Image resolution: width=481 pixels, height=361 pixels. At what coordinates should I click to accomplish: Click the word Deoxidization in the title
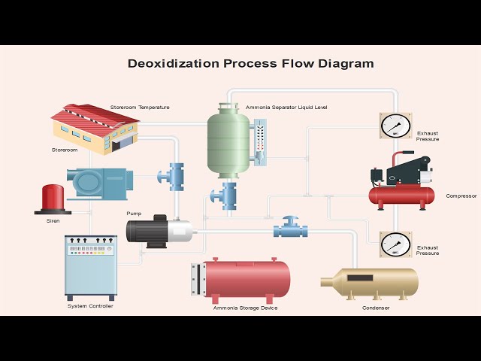pos(174,63)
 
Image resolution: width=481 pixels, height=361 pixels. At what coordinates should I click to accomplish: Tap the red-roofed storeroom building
pos(95,129)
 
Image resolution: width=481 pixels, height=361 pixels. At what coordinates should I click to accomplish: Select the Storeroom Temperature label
pos(140,108)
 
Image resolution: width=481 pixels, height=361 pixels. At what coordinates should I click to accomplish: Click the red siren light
pos(53,199)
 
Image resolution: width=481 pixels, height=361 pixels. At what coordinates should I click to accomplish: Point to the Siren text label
pos(53,220)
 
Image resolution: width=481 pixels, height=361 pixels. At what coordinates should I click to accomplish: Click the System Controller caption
pos(90,306)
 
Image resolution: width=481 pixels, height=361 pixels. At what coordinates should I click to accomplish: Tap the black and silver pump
pos(159,231)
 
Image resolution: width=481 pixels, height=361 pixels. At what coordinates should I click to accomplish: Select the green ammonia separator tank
pos(228,141)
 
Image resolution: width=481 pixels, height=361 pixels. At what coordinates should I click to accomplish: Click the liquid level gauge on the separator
pos(260,142)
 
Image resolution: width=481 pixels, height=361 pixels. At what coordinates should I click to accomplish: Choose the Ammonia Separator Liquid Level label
pos(286,108)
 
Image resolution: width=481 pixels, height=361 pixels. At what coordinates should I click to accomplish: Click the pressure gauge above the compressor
pos(396,126)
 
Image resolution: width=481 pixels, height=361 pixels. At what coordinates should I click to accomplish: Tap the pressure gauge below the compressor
pos(396,244)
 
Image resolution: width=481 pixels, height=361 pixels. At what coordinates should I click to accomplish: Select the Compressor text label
pos(461,196)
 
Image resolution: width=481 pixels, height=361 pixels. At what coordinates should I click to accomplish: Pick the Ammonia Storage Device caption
pos(246,308)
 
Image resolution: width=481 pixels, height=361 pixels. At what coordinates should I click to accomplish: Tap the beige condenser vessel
pos(369,284)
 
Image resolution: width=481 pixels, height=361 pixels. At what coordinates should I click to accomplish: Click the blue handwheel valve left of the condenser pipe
pos(291,227)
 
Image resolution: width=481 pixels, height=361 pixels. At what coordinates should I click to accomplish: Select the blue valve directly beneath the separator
pos(224,196)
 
